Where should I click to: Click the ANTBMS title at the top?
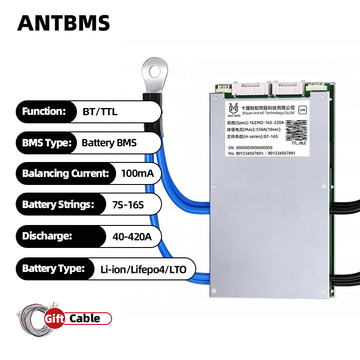[63, 22]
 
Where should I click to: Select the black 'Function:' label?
[44, 112]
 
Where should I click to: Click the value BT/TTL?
[100, 112]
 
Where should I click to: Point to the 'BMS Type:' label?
[47, 143]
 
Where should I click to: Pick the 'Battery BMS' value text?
[109, 143]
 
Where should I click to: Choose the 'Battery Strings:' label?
[58, 204]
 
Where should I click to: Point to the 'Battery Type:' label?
[54, 269]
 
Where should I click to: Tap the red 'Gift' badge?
[55, 319]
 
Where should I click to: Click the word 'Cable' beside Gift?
[85, 319]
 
